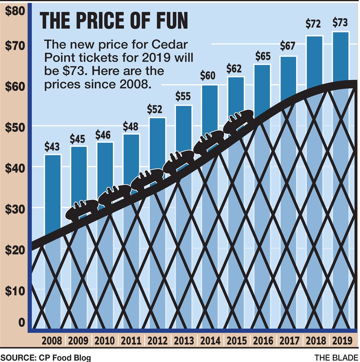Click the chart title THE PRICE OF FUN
(114, 21)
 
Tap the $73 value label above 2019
(340, 23)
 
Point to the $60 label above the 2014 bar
(208, 76)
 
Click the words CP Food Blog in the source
(63, 358)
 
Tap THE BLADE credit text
(336, 358)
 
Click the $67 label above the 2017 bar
(288, 46)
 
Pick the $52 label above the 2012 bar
(155, 109)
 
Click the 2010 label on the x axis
(105, 340)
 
